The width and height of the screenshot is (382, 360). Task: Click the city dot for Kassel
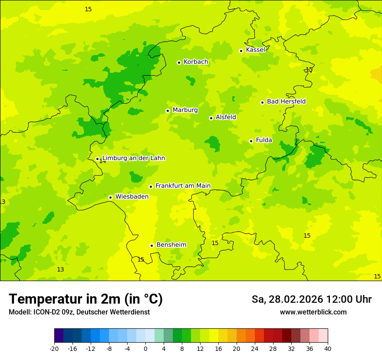[x=241, y=51]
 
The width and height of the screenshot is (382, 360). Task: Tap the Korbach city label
[x=196, y=62]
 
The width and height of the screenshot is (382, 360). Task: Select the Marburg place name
[x=185, y=110]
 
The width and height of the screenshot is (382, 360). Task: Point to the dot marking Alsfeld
[x=211, y=118]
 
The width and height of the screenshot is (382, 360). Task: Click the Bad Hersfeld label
[x=286, y=101]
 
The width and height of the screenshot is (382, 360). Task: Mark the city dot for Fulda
[x=251, y=141]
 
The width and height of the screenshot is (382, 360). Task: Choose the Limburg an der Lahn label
[x=133, y=158]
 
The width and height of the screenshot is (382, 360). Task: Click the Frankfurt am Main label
[x=183, y=186]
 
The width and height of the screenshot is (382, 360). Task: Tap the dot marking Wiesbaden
[x=111, y=197]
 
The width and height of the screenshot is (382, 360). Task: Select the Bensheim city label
[x=171, y=245]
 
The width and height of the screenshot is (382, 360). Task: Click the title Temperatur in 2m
[x=86, y=299]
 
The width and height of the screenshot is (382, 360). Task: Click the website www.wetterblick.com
[x=313, y=312]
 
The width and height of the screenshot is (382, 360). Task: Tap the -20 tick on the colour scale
[x=54, y=348]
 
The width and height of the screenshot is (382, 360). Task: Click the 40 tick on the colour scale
[x=328, y=348]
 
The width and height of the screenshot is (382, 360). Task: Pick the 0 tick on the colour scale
[x=145, y=348]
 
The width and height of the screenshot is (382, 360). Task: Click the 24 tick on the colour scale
[x=255, y=348]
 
